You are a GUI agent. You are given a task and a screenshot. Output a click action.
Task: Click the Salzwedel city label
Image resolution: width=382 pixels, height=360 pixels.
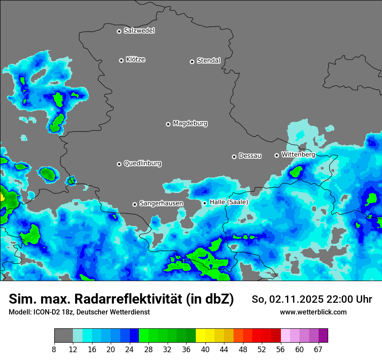pyautogui.click(x=139, y=31)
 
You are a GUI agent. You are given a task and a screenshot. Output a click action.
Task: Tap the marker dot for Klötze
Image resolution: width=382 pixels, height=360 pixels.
pyautogui.click(x=121, y=60)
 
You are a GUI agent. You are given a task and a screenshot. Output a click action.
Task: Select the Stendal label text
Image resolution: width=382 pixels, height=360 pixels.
pyautogui.click(x=208, y=61)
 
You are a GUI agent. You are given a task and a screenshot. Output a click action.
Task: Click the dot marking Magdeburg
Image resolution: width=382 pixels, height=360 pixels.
pyautogui.click(x=168, y=124)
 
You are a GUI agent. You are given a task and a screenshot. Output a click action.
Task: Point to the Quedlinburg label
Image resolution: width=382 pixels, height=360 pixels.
pyautogui.click(x=142, y=164)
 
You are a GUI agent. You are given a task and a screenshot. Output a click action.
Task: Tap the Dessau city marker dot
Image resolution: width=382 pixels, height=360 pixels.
pyautogui.click(x=234, y=157)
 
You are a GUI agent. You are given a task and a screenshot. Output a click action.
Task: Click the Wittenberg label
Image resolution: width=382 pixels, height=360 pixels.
pyautogui.click(x=298, y=154)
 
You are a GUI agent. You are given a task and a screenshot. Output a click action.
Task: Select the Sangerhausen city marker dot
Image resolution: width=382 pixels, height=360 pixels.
pyautogui.click(x=135, y=204)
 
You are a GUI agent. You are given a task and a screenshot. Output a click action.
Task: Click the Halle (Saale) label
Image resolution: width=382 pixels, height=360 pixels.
pyautogui.click(x=229, y=202)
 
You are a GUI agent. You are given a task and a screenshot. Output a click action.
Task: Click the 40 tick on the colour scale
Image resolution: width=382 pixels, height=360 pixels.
pyautogui.click(x=205, y=349)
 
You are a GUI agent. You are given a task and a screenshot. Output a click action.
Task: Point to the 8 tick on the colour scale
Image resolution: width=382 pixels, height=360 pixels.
pyautogui.click(x=54, y=349)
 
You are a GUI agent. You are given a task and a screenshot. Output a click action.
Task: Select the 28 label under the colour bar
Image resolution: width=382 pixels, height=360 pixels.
pyautogui.click(x=148, y=349)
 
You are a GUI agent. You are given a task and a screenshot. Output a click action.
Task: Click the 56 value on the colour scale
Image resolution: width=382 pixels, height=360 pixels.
pyautogui.click(x=281, y=349)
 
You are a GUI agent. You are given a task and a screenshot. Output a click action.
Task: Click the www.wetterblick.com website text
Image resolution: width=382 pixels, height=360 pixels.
pyautogui.click(x=313, y=312)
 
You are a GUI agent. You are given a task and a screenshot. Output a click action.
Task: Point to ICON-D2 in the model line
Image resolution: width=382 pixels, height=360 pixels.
pyautogui.click(x=45, y=312)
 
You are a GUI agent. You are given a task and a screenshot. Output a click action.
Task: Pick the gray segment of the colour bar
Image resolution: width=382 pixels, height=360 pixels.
pyautogui.click(x=63, y=336)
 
